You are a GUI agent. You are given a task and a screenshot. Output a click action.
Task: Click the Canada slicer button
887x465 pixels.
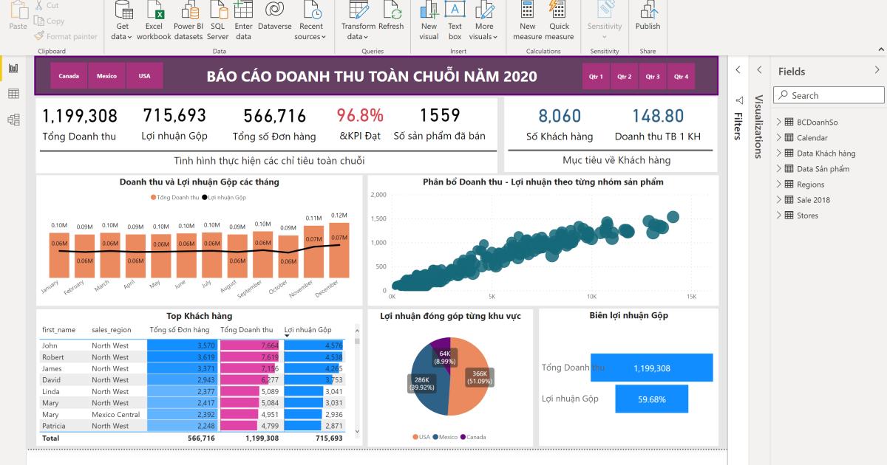coord(69,76)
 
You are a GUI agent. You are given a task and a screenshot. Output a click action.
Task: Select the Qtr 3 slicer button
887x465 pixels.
coord(652,76)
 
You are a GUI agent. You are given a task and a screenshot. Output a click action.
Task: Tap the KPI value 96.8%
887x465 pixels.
coord(360,116)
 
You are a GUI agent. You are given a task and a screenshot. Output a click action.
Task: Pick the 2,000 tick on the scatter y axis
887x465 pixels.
coord(378,195)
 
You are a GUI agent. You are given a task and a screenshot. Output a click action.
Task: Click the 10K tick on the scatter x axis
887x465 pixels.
coord(591,297)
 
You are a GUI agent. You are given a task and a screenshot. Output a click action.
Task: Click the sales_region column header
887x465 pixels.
coord(112,330)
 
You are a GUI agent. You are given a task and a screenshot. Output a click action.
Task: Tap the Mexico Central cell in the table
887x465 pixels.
coord(115,415)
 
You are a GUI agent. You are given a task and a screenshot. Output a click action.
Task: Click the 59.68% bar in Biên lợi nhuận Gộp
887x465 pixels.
coord(651,399)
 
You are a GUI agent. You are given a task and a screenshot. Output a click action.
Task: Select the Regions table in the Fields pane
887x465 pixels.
coord(810,185)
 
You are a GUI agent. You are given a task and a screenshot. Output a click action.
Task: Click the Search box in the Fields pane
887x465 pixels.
coord(829,95)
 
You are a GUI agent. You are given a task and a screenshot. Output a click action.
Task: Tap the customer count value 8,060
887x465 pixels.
coord(560,116)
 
